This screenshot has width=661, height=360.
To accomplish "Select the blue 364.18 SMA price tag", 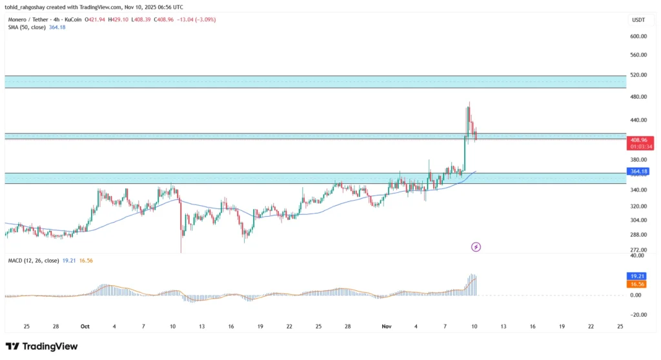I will click(x=636, y=172).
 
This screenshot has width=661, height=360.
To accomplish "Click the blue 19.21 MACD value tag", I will click(x=636, y=276).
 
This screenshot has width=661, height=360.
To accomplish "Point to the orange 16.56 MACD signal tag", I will click(x=636, y=284).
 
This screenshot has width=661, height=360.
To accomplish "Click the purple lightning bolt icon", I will click(x=476, y=246).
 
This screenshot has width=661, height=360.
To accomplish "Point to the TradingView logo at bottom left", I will click(x=42, y=346).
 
